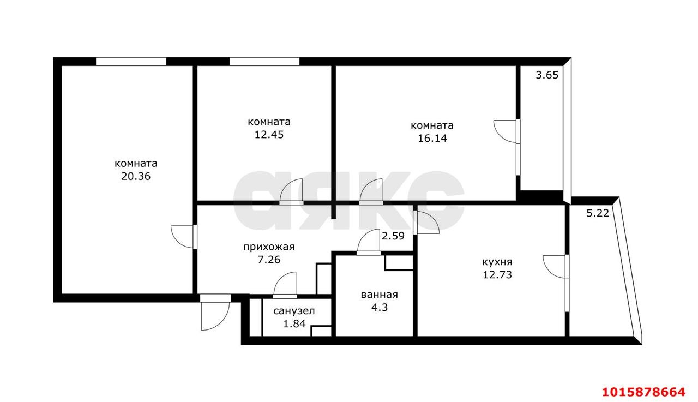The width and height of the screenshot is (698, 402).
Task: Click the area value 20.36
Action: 136,176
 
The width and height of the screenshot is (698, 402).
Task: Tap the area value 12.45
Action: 269,135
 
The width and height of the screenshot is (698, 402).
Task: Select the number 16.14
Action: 432,139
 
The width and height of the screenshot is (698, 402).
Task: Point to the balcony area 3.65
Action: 547,75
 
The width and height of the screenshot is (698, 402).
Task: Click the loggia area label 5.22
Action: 598,213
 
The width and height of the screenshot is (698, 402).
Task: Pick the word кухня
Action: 497,262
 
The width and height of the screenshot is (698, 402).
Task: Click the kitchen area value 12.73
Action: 497,275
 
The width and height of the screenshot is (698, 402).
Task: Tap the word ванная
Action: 380,295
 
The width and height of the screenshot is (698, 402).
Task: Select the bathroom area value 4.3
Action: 380,308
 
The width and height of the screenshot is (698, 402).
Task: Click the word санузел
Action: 294,311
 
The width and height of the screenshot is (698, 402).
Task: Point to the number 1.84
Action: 294,324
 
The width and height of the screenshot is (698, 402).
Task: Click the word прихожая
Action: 269,247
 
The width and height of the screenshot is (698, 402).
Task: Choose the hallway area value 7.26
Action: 269,260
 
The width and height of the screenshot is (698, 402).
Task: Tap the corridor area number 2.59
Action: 393,236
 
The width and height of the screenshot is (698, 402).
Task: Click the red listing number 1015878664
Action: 644,392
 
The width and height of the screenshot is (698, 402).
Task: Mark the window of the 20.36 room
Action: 131,62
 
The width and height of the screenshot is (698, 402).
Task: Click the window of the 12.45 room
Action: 264,62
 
